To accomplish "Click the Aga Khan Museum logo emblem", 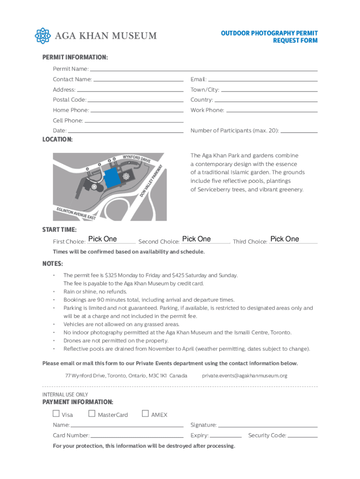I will click(x=42, y=36).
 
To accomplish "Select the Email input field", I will click(x=262, y=79).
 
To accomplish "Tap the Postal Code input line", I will click(x=135, y=99).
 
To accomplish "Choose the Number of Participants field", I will click(x=299, y=130).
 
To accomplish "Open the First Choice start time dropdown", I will click(x=111, y=239).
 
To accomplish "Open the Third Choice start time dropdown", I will click(x=294, y=239).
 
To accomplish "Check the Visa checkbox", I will click(x=56, y=414).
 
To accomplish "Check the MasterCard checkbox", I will click(x=92, y=414).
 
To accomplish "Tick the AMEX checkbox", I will click(x=145, y=414).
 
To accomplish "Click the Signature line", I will click(x=267, y=425).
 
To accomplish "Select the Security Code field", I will click(x=302, y=435).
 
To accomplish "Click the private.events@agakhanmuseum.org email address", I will click(x=245, y=376).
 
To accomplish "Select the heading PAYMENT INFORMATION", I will click(x=78, y=402).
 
